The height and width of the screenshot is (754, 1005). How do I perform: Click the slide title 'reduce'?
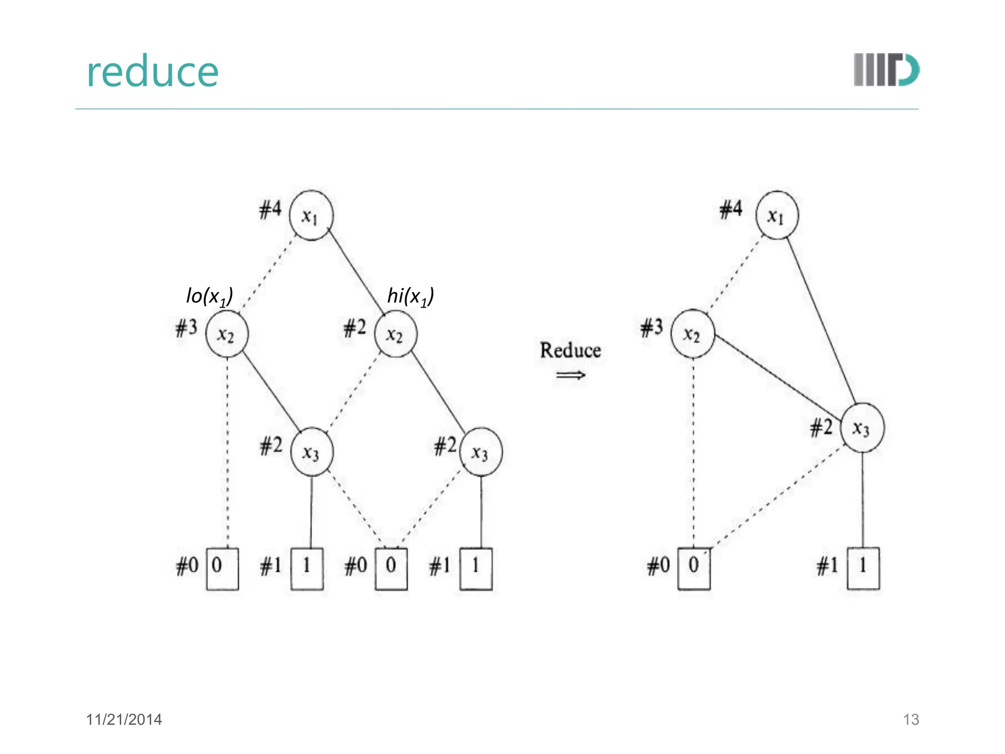152,72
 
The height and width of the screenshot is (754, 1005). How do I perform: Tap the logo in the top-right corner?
886,70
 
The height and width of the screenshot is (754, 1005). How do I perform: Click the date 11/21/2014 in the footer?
124,720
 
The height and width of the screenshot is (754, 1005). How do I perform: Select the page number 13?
911,720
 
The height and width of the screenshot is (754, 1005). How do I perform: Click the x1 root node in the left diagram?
311,215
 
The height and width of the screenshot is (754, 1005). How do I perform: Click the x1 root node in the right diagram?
776,215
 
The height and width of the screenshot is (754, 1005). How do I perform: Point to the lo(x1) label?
210,296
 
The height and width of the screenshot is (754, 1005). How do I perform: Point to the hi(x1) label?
411,296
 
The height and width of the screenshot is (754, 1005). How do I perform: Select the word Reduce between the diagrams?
570,350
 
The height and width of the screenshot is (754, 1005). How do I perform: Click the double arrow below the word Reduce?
571,376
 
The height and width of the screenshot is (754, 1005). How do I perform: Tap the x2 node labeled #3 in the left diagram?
227,334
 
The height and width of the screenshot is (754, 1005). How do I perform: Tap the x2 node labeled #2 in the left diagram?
396,334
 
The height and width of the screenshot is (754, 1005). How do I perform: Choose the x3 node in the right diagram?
862,428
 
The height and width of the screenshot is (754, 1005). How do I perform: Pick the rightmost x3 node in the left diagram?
481,452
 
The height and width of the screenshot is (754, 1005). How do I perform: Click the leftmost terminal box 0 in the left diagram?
222,568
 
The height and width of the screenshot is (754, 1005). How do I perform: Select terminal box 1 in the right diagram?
863,568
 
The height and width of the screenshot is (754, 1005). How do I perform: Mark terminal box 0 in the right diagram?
694,568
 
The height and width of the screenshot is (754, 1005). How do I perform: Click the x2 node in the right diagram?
692,334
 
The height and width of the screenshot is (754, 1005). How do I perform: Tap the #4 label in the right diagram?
731,209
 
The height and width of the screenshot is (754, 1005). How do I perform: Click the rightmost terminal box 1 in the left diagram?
476,568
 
